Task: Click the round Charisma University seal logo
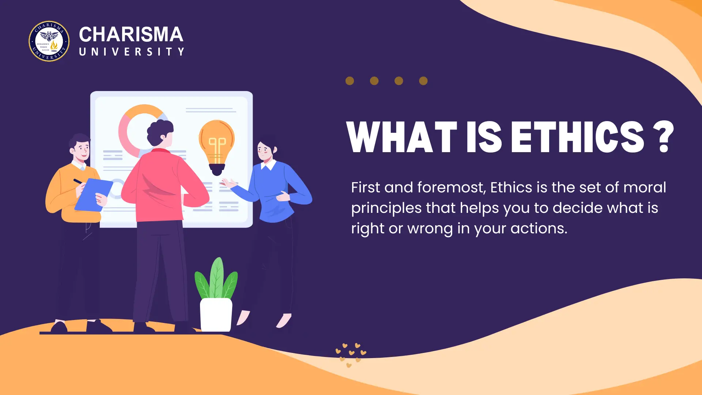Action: click(x=49, y=41)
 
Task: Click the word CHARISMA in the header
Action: click(x=131, y=35)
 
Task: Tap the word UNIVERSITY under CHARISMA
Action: click(x=132, y=52)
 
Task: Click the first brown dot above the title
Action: click(x=350, y=81)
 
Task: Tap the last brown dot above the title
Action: click(x=423, y=81)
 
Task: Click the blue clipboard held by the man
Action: click(x=93, y=195)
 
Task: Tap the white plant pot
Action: click(x=216, y=315)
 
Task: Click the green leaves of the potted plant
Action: click(x=216, y=280)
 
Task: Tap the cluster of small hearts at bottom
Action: click(x=350, y=354)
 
